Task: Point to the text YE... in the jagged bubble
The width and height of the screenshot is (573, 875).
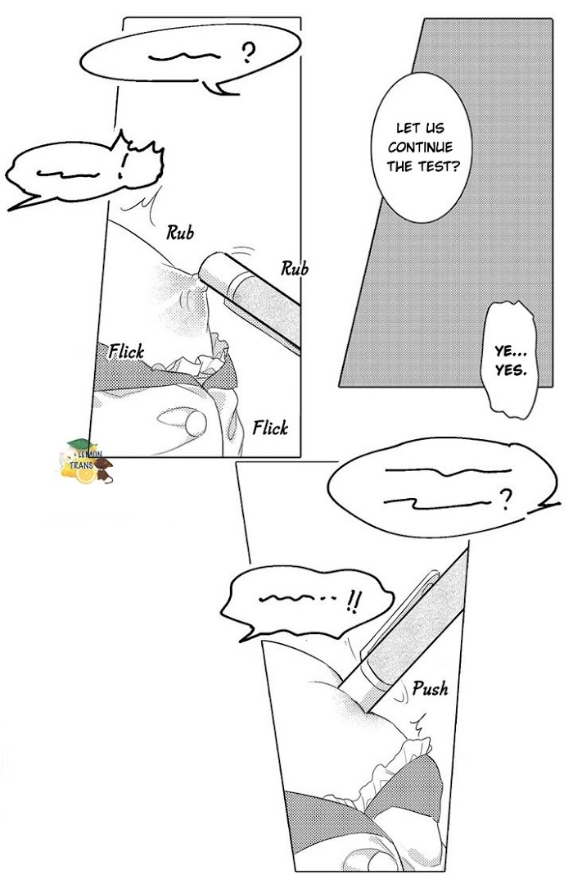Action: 512,351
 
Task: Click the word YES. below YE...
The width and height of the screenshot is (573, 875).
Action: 512,369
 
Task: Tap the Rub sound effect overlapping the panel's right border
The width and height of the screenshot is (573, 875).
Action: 294,268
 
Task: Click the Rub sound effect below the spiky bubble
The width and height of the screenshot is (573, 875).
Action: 180,233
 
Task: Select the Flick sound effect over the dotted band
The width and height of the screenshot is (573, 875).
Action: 127,352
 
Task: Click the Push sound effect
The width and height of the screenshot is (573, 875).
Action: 430,688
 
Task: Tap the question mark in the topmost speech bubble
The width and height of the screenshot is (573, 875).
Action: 247,56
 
